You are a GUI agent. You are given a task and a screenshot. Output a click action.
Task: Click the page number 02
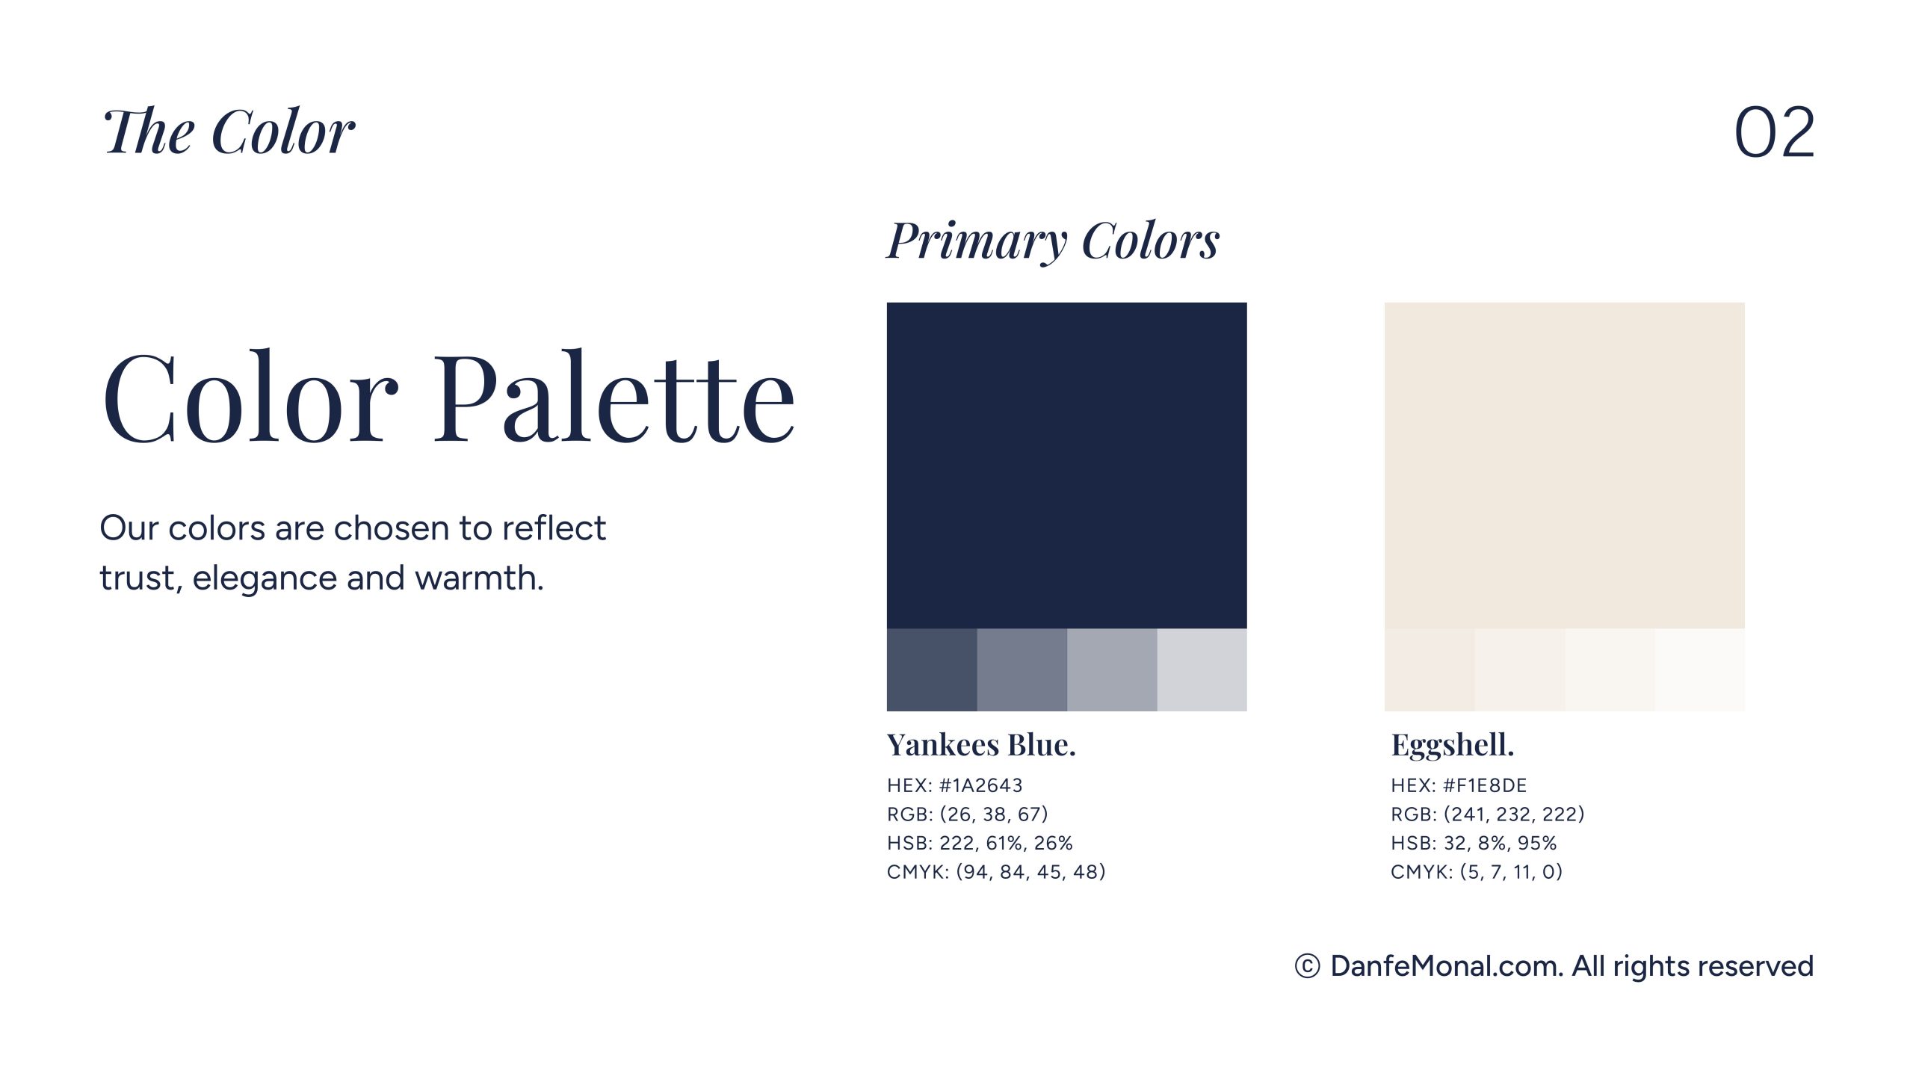point(1774,132)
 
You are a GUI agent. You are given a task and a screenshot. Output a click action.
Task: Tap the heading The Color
point(229,132)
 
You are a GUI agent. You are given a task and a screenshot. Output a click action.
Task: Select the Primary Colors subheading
point(1053,241)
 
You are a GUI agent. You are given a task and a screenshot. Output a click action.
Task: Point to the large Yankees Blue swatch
point(1066,466)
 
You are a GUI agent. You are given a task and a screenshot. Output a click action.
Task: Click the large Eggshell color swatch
point(1564,466)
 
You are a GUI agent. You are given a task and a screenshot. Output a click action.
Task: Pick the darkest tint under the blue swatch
point(932,670)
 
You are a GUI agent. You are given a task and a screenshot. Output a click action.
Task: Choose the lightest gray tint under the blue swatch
point(1202,670)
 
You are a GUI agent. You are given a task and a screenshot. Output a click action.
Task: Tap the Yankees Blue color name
point(981,745)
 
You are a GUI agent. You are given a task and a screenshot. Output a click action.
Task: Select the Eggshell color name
point(1453,746)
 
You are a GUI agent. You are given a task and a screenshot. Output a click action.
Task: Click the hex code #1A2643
point(980,785)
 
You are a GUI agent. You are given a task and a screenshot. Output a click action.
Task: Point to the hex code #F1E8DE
point(1485,785)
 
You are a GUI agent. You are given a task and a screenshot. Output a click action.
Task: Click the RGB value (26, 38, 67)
point(994,814)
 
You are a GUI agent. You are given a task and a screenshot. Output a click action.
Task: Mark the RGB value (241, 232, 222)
point(1514,814)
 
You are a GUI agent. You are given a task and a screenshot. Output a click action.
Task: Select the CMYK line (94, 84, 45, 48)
point(996,872)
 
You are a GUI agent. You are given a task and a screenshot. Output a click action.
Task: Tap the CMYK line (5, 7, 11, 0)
point(1477,872)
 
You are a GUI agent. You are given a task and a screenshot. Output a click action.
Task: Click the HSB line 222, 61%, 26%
point(980,843)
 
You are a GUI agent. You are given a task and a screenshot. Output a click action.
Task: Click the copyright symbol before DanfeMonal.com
point(1307,966)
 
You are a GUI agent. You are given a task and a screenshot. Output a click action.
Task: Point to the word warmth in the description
point(479,578)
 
